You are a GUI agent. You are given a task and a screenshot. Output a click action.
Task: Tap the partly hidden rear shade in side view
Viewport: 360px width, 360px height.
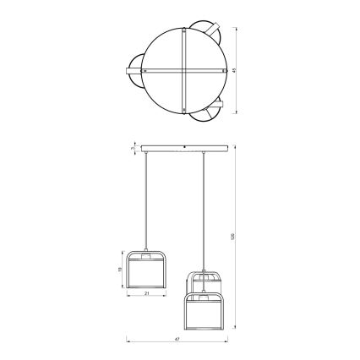204,281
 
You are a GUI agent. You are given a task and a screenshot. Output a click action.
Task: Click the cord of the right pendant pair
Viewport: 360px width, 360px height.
203,211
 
